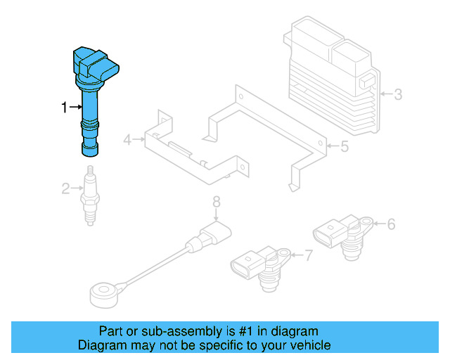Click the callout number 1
coord(64,108)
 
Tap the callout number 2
coord(65,188)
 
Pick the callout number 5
coord(344,147)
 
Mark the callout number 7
coord(307,255)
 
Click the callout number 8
coord(217,202)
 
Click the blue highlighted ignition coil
coord(91,98)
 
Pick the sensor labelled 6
coord(340,235)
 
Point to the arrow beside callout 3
coord(385,94)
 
